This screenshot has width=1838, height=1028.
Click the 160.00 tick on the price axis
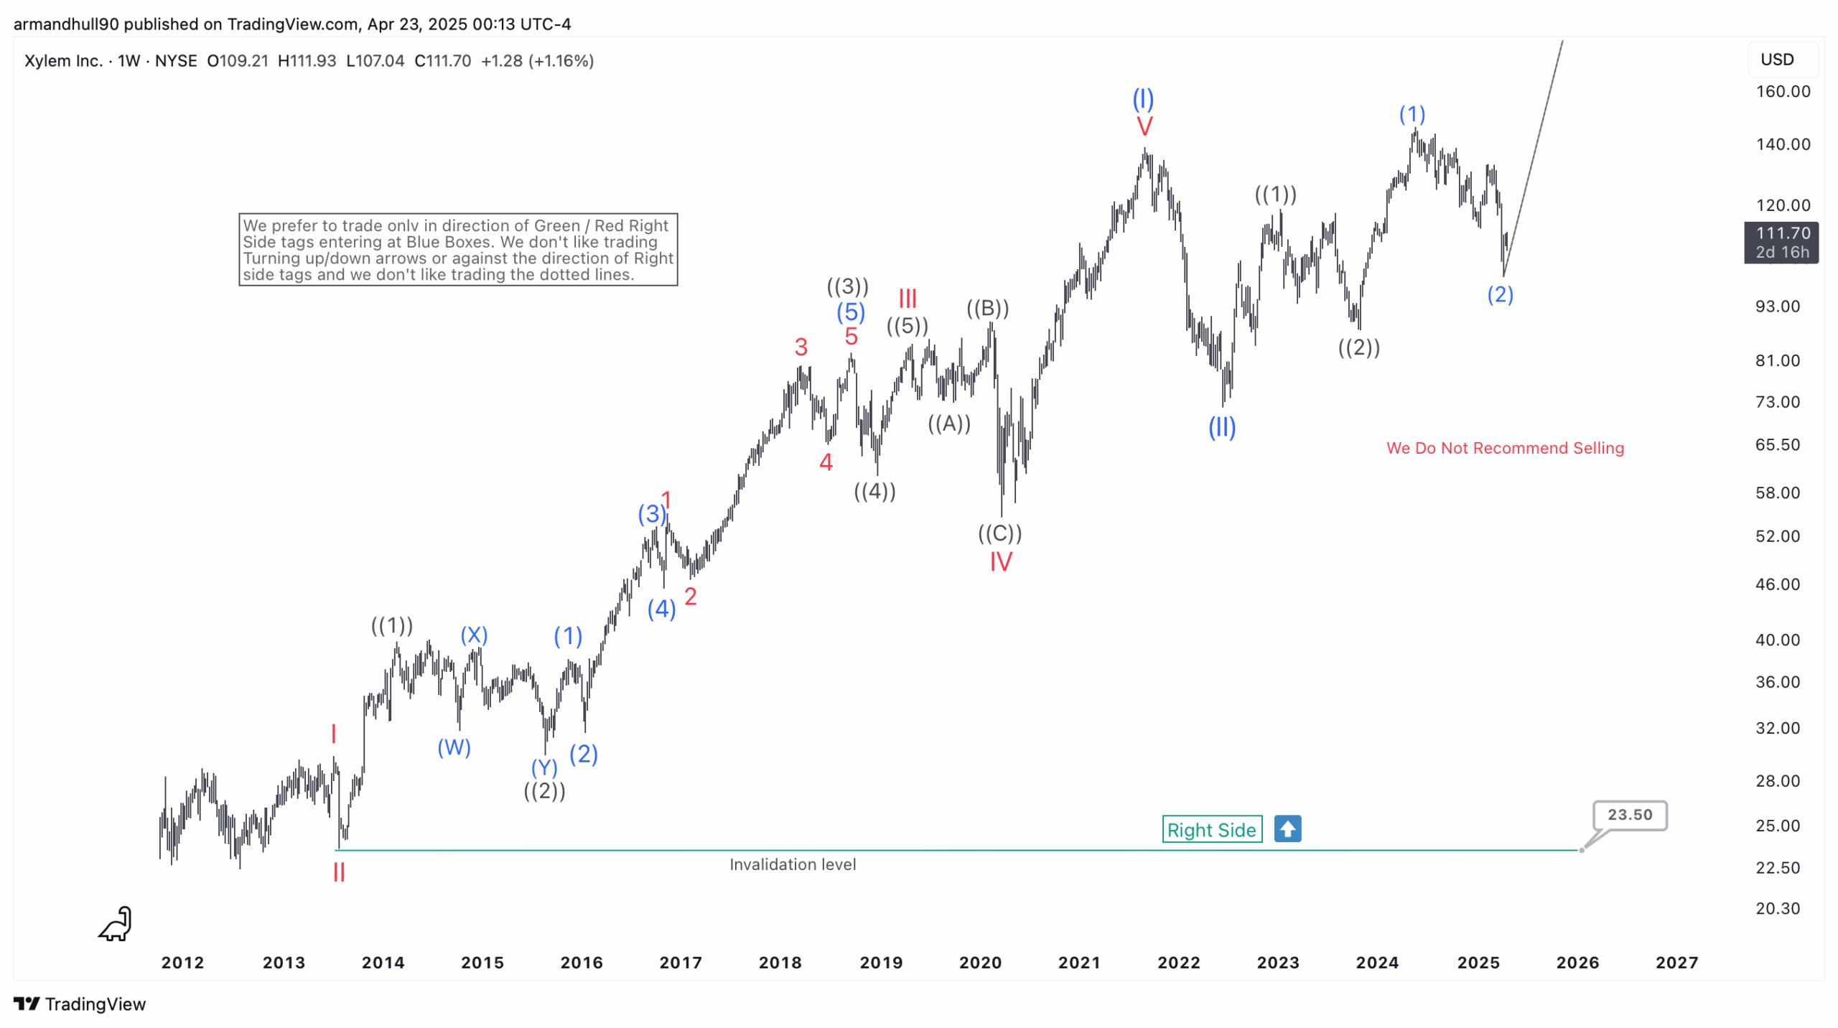pyautogui.click(x=1782, y=92)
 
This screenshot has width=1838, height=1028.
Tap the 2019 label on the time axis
pyautogui.click(x=881, y=963)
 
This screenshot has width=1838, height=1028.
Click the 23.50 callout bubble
pyautogui.click(x=1629, y=815)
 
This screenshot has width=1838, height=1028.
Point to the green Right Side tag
pyautogui.click(x=1211, y=830)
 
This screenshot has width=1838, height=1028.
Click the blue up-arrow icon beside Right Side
pyautogui.click(x=1287, y=829)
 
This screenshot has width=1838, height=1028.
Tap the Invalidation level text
pyautogui.click(x=793, y=864)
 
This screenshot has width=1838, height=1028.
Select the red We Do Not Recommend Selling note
pyautogui.click(x=1504, y=448)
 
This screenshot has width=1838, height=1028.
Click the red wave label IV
pyautogui.click(x=1001, y=561)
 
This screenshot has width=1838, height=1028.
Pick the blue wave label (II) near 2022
pyautogui.click(x=1221, y=428)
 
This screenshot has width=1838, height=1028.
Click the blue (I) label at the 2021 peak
pyautogui.click(x=1143, y=98)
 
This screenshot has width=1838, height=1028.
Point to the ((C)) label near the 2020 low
pyautogui.click(x=999, y=533)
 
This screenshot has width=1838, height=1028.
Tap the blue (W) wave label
pyautogui.click(x=454, y=747)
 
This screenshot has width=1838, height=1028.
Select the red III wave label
pyautogui.click(x=908, y=298)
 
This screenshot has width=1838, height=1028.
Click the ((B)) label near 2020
pyautogui.click(x=987, y=309)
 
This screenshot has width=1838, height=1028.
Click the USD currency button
pyautogui.click(x=1777, y=60)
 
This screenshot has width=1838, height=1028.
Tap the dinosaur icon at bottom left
pyautogui.click(x=116, y=924)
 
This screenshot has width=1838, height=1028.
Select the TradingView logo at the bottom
pyautogui.click(x=80, y=1004)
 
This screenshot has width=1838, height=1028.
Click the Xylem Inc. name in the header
pyautogui.click(x=63, y=61)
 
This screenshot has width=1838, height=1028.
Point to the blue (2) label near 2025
pyautogui.click(x=1500, y=294)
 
